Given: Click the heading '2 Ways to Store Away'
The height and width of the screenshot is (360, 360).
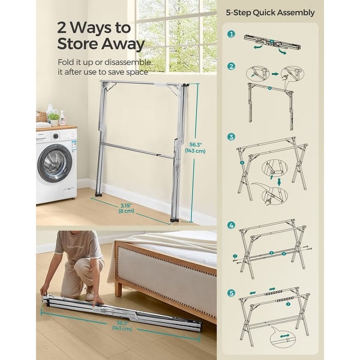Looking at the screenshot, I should [101, 36].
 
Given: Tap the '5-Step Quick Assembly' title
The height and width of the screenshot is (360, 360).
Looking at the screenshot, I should [270, 13].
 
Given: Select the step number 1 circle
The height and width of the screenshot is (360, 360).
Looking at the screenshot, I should [231, 35].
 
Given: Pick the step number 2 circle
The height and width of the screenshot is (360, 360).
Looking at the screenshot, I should [231, 68].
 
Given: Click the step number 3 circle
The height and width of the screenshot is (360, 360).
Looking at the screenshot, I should [231, 137].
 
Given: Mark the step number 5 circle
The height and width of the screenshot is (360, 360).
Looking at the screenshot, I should [231, 293].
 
